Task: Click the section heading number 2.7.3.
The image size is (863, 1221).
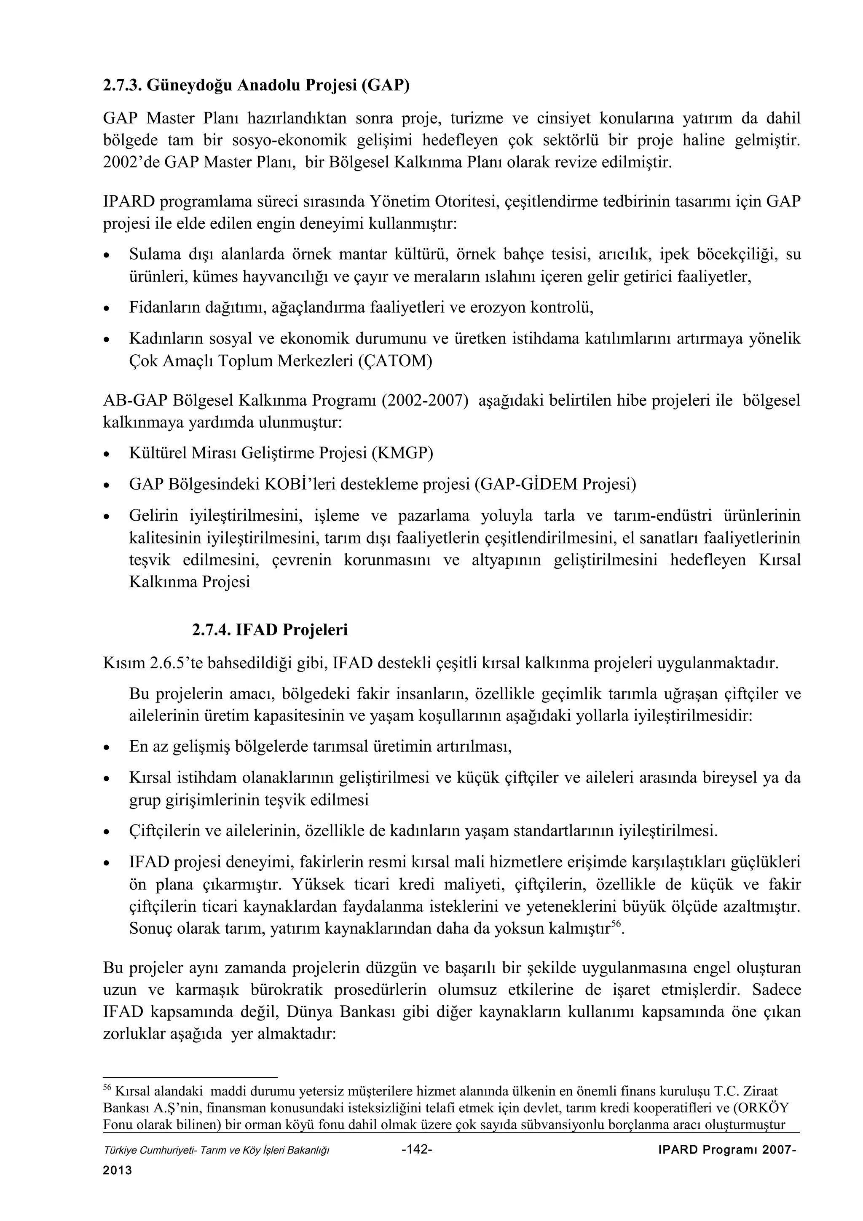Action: click(x=122, y=86)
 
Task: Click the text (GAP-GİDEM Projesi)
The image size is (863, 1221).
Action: click(x=555, y=484)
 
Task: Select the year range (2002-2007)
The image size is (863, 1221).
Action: click(x=425, y=400)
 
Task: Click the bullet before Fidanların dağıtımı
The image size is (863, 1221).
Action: click(x=107, y=308)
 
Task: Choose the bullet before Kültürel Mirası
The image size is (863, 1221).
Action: click(x=107, y=455)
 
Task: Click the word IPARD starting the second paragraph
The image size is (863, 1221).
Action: click(x=128, y=202)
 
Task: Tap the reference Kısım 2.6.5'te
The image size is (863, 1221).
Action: click(x=152, y=663)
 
